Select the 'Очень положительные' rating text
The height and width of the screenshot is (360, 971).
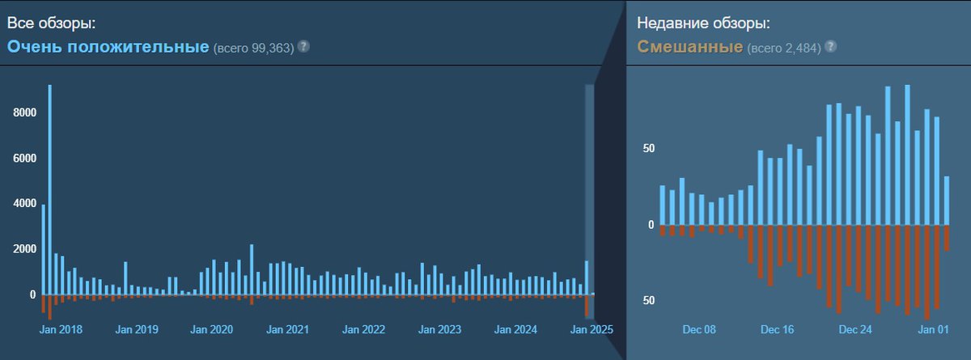[x=108, y=46]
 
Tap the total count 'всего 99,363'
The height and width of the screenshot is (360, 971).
[x=253, y=48]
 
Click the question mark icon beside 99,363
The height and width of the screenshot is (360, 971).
[x=303, y=46]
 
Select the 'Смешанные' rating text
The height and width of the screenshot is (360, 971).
[x=690, y=46]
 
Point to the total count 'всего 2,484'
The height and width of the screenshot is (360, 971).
[x=783, y=48]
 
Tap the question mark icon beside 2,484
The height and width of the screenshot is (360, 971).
[x=830, y=46]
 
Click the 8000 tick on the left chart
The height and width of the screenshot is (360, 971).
[x=25, y=112]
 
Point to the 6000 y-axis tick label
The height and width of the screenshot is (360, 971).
[x=25, y=159]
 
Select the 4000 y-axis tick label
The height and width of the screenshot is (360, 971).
[x=25, y=204]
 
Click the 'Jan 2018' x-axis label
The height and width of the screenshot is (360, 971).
[x=61, y=330]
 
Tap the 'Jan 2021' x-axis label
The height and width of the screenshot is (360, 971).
[x=287, y=330]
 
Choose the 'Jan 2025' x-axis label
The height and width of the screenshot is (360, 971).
[x=592, y=330]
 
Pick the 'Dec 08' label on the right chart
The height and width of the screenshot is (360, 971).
[x=699, y=330]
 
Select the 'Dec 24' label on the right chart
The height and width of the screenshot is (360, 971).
[x=855, y=330]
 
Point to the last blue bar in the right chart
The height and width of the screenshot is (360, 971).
[x=947, y=201]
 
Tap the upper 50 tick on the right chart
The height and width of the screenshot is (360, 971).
[x=649, y=149]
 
